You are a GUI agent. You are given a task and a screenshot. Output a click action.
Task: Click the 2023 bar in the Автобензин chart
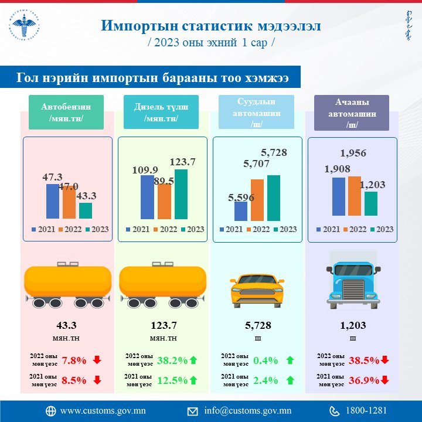click(x=86, y=210)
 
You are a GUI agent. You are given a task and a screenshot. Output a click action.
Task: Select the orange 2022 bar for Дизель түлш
click(x=164, y=201)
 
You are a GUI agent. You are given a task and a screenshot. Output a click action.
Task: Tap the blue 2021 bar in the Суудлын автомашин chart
click(x=241, y=210)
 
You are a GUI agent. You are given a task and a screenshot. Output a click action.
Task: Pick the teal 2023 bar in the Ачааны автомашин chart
click(x=370, y=203)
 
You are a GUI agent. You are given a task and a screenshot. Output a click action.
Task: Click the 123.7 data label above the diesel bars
click(x=182, y=162)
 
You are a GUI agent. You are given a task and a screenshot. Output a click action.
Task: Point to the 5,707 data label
click(x=256, y=164)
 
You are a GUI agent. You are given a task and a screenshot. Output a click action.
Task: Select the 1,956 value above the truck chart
click(x=353, y=154)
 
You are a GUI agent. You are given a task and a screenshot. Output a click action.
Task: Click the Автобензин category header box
click(x=66, y=112)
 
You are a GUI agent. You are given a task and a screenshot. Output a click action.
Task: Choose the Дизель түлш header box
click(x=161, y=112)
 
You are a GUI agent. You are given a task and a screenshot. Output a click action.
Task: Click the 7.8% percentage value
click(x=73, y=360)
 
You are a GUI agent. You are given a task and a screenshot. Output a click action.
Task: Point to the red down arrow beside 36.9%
click(x=384, y=380)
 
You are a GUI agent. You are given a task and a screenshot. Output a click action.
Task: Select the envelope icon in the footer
click(x=192, y=410)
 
